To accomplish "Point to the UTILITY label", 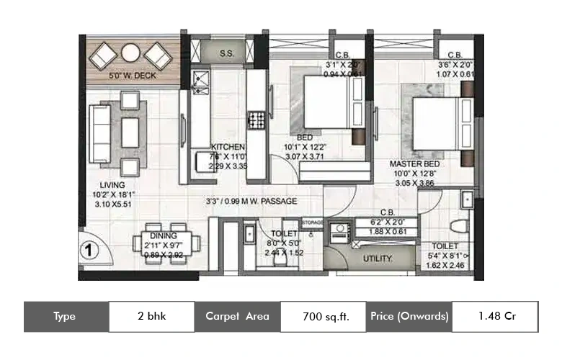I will [x=377, y=258].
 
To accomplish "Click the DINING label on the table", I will [x=163, y=235].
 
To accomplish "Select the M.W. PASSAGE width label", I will [x=251, y=202].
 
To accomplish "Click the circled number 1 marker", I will [x=90, y=252].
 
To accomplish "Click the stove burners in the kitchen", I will [x=256, y=119].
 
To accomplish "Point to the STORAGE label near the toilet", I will [x=311, y=222].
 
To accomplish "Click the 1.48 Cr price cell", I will [x=496, y=316].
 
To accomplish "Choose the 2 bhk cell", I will [x=151, y=316].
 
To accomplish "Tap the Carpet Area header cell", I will [x=237, y=316].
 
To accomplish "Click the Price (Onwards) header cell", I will [x=409, y=316].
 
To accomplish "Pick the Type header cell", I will [x=66, y=316].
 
